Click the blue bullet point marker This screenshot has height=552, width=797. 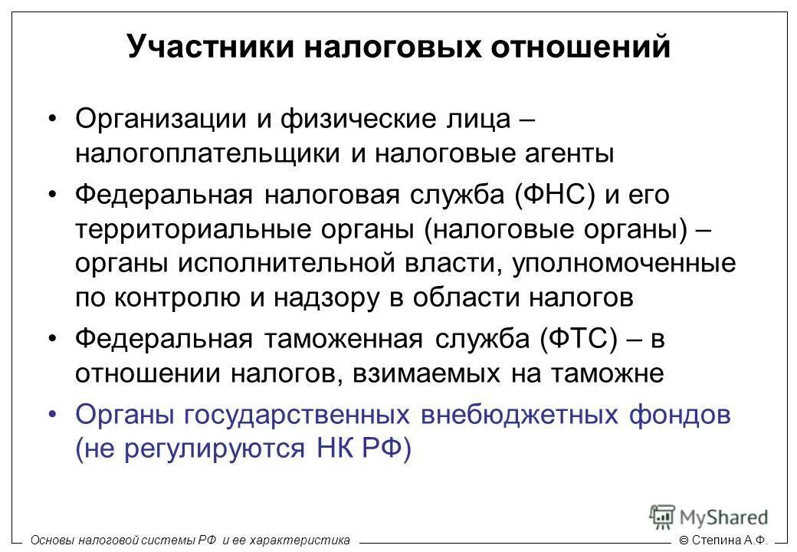pyautogui.click(x=52, y=414)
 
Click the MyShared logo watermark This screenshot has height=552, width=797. pyautogui.click(x=709, y=517)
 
